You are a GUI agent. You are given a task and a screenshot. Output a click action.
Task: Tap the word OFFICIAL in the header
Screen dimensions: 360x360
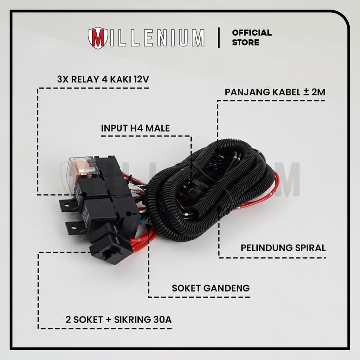tap(251, 33)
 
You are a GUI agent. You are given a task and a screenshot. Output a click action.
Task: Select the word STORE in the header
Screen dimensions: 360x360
tap(245, 43)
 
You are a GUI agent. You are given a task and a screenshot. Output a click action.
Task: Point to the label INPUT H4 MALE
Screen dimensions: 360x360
tap(135, 128)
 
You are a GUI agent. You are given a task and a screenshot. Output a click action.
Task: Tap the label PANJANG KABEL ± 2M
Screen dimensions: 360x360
tap(275, 92)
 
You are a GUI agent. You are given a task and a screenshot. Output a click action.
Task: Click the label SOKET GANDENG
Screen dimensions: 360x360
tap(210, 288)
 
